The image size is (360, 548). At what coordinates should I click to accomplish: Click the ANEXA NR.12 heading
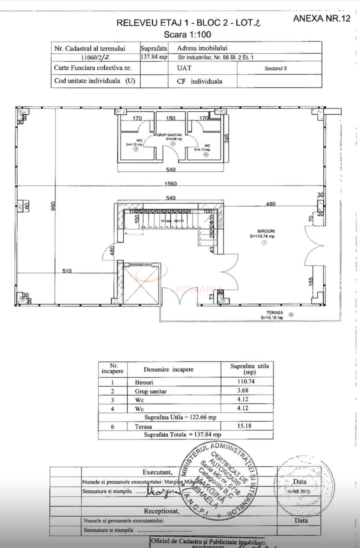pyautogui.click(x=322, y=18)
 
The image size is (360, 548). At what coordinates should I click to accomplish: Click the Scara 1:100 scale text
pyautogui.click(x=187, y=35)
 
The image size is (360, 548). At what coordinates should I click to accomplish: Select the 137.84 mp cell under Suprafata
pyautogui.click(x=154, y=57)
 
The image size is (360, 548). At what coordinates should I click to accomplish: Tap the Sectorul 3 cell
pyautogui.click(x=275, y=68)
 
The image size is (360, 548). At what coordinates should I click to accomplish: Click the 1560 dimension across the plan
pyautogui.click(x=170, y=184)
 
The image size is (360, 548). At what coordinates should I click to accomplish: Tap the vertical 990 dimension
pyautogui.click(x=53, y=206)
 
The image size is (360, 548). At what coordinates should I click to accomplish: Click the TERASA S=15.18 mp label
pyautogui.click(x=273, y=315)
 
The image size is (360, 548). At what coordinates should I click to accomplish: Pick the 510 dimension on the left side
pyautogui.click(x=67, y=271)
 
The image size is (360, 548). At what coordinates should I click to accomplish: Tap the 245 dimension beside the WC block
pyautogui.click(x=227, y=138)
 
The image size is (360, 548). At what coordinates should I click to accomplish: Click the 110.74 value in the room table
pyautogui.click(x=246, y=382)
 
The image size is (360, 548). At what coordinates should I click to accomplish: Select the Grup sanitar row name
pyautogui.click(x=151, y=391)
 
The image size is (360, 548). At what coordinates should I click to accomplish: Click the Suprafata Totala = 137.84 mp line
pyautogui.click(x=182, y=434)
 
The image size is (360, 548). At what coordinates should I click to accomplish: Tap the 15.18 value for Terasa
pyautogui.click(x=244, y=426)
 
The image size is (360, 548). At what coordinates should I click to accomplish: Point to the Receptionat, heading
pyautogui.click(x=161, y=511)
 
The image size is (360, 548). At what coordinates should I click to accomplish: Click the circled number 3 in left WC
pyautogui.click(x=136, y=149)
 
